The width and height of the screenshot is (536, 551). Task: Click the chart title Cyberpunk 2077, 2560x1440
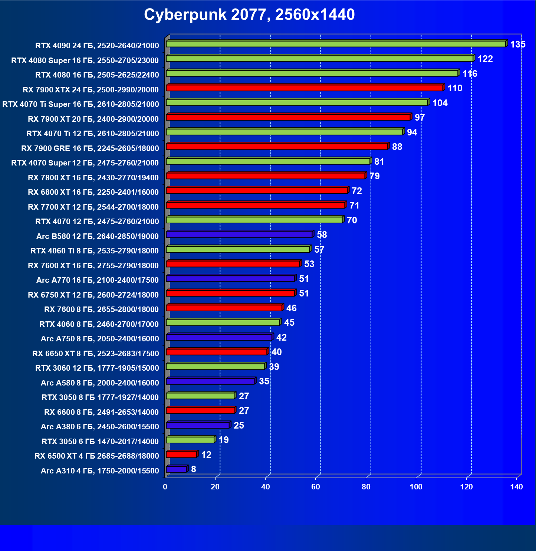pos(249,15)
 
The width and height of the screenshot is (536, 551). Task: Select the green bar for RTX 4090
pos(336,44)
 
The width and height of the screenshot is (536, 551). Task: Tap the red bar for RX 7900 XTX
pos(304,88)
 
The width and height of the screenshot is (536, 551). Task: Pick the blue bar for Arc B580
pos(239,234)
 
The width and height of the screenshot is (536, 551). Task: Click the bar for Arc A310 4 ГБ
pos(176,469)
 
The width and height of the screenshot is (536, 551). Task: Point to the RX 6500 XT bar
pos(181,455)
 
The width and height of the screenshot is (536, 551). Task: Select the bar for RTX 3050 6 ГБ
pos(190,440)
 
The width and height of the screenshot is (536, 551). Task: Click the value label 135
pos(518,45)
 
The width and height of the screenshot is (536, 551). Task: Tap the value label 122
pos(485,59)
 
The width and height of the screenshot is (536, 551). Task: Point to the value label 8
pos(194,469)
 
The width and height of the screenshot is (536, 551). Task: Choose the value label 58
pos(322,235)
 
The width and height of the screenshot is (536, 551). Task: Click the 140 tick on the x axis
pos(516,487)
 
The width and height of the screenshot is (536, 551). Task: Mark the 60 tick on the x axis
pos(316,487)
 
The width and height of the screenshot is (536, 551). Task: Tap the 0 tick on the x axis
pos(165,487)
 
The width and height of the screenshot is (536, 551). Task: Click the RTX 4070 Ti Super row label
pos(81,104)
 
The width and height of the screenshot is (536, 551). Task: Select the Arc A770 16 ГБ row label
pos(98,280)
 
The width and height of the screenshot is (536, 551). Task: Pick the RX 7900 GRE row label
pos(90,148)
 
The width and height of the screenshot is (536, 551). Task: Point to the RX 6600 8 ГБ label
pos(101,412)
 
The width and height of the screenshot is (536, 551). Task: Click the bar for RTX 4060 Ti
pos(238,249)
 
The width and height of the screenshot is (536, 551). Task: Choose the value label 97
pos(420,118)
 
